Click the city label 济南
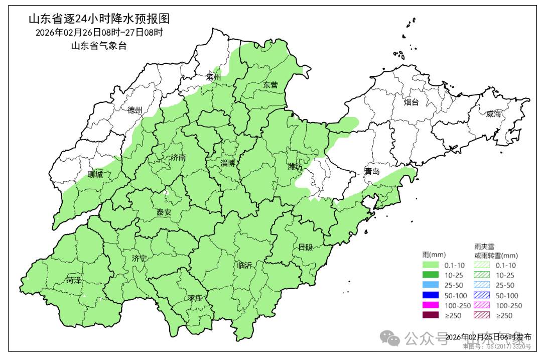178,157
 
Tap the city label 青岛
372,171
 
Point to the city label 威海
494,114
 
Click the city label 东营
270,85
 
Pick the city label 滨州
213,77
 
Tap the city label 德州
135,110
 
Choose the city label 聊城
95,174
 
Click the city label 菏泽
73,280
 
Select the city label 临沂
244,265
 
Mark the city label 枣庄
195,298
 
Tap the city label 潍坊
295,167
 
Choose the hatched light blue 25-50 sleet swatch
482,285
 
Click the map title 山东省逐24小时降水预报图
99,19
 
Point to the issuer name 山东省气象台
99,46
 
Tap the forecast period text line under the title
99,33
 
